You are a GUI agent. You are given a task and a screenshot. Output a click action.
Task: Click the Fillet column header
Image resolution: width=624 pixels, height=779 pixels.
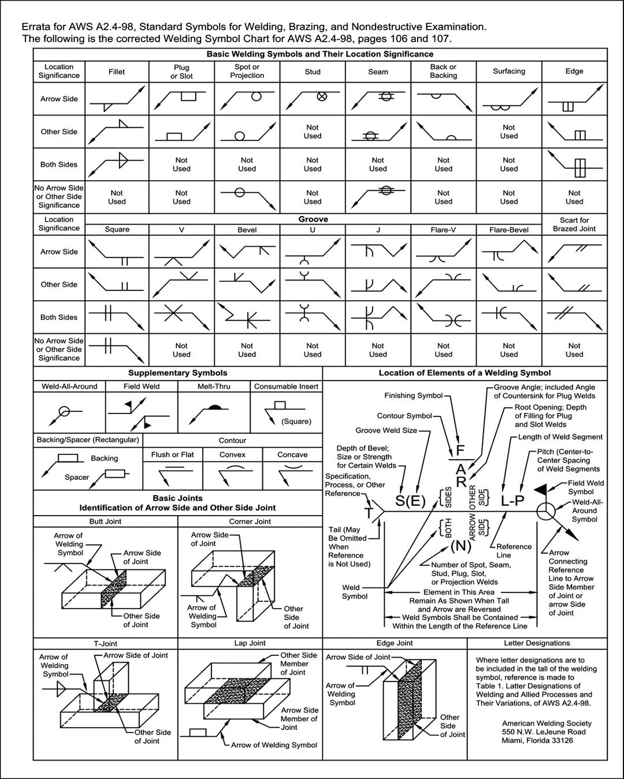[117, 72]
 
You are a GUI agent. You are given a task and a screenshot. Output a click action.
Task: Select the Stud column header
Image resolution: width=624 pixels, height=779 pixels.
[313, 72]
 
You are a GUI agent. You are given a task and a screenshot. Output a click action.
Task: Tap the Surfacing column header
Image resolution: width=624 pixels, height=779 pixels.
[509, 71]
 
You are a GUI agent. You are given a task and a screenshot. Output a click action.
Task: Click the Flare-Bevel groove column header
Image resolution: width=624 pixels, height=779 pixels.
[509, 229]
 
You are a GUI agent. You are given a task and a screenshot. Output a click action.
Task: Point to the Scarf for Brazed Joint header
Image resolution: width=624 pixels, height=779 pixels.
[574, 224]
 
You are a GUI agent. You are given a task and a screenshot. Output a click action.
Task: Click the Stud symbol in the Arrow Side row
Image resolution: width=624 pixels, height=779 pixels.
[321, 96]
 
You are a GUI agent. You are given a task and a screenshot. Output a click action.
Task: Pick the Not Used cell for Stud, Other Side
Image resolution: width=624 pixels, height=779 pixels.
[313, 132]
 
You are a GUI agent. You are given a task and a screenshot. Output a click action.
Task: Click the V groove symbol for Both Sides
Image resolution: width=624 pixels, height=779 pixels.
[181, 315]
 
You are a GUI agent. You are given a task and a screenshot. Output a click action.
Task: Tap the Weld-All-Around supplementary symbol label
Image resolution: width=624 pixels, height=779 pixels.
[69, 386]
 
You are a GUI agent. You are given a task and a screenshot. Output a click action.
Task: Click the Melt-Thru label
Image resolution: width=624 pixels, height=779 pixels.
[214, 386]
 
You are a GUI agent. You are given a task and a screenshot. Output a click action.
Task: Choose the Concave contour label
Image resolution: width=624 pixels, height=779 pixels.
[292, 454]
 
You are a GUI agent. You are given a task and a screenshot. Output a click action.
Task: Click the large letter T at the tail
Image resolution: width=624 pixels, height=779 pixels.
[369, 513]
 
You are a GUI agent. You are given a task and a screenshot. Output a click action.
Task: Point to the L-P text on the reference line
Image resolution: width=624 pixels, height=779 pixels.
[512, 500]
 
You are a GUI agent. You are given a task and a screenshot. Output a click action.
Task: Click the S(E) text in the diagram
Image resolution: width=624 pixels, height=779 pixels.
[410, 501]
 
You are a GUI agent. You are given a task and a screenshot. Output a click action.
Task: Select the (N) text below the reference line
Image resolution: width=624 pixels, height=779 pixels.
[460, 545]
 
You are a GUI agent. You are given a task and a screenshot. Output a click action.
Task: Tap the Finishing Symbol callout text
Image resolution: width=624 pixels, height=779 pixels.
[414, 396]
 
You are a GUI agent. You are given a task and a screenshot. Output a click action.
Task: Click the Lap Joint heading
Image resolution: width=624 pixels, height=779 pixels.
[250, 643]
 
